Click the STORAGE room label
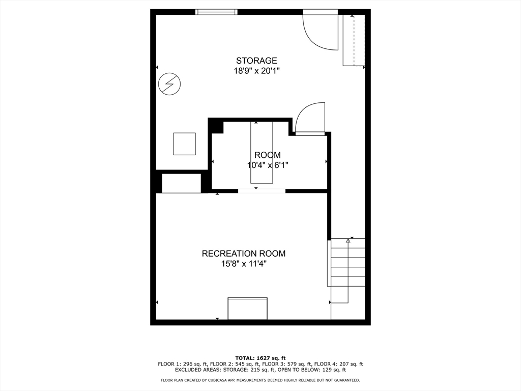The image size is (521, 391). point(256,61)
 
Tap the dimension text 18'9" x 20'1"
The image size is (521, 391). point(256,71)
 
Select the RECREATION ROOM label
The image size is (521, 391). point(244,254)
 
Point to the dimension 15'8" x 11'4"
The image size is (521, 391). point(244,264)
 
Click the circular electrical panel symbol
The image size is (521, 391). point(169,84)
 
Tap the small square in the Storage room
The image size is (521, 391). point(184,144)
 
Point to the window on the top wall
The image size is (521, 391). point(217,12)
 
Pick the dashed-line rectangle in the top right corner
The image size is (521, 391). point(354,40)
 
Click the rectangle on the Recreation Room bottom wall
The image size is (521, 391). point(248,309)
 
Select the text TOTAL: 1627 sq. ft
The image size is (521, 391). point(260,358)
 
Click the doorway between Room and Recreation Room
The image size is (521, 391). point(262,191)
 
